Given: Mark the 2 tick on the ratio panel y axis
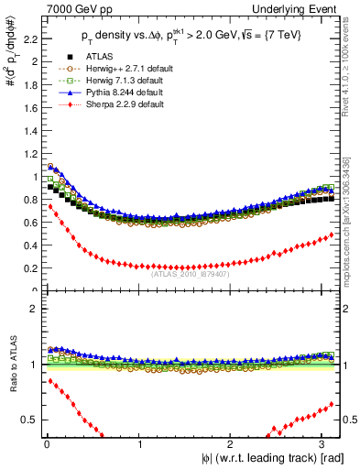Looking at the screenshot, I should pyautogui.click(x=34, y=308).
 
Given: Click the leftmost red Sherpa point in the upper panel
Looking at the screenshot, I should pyautogui.click(x=49, y=207).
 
